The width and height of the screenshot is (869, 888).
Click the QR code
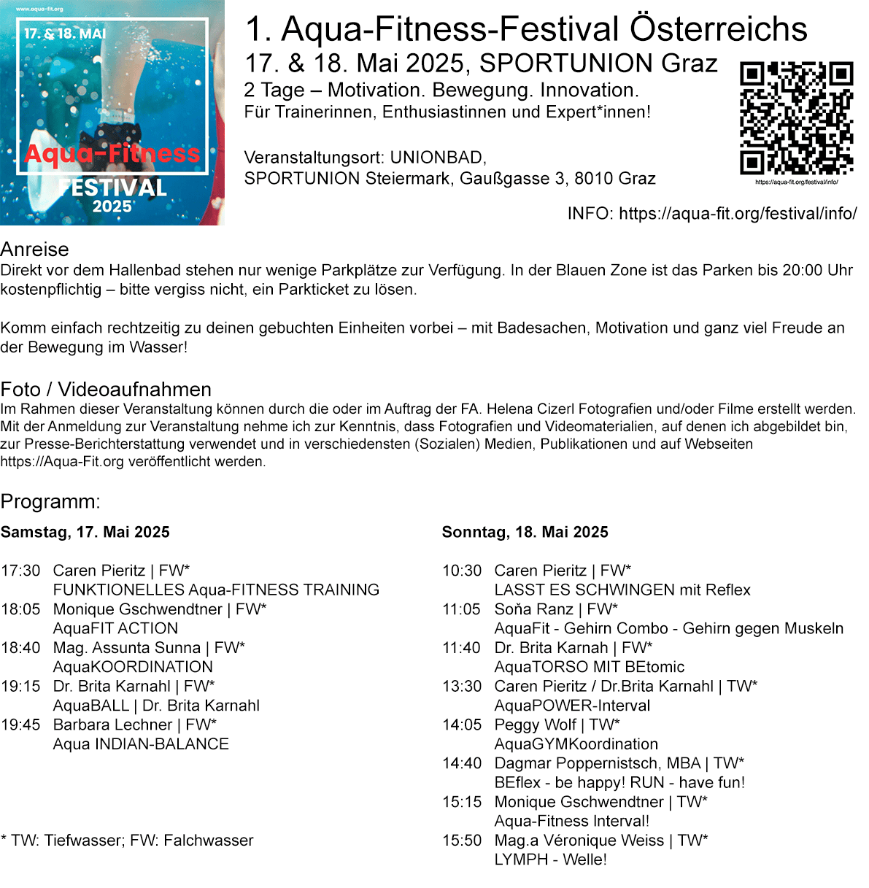coord(796,117)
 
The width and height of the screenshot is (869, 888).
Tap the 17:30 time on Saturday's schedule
coord(20,571)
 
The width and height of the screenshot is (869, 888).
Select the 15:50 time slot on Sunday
coord(462,841)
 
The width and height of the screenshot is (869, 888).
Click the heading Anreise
coord(34,249)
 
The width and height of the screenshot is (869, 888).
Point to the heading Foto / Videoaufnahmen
coord(106,389)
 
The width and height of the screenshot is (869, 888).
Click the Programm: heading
coord(50,501)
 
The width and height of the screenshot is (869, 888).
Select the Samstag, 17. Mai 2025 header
coord(85,532)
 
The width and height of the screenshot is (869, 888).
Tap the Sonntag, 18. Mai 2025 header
coord(525,532)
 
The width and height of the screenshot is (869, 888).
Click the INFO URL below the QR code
coord(738,213)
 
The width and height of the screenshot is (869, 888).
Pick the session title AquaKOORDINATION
coord(133,667)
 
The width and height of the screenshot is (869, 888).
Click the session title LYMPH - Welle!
coord(550,860)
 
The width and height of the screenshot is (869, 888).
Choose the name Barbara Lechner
coord(112,725)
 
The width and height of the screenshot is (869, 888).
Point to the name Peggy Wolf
coord(535,725)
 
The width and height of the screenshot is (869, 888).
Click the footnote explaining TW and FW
coord(127,841)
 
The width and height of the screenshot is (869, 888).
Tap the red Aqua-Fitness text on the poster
coord(112,154)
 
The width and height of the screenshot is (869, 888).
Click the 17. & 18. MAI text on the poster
coord(65,34)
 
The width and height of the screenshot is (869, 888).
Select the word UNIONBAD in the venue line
coord(436,158)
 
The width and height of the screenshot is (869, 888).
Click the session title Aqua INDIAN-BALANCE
coord(141,744)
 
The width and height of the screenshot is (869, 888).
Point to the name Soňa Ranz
coord(533,609)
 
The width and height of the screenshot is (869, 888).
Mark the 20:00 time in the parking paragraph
coord(802,270)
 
